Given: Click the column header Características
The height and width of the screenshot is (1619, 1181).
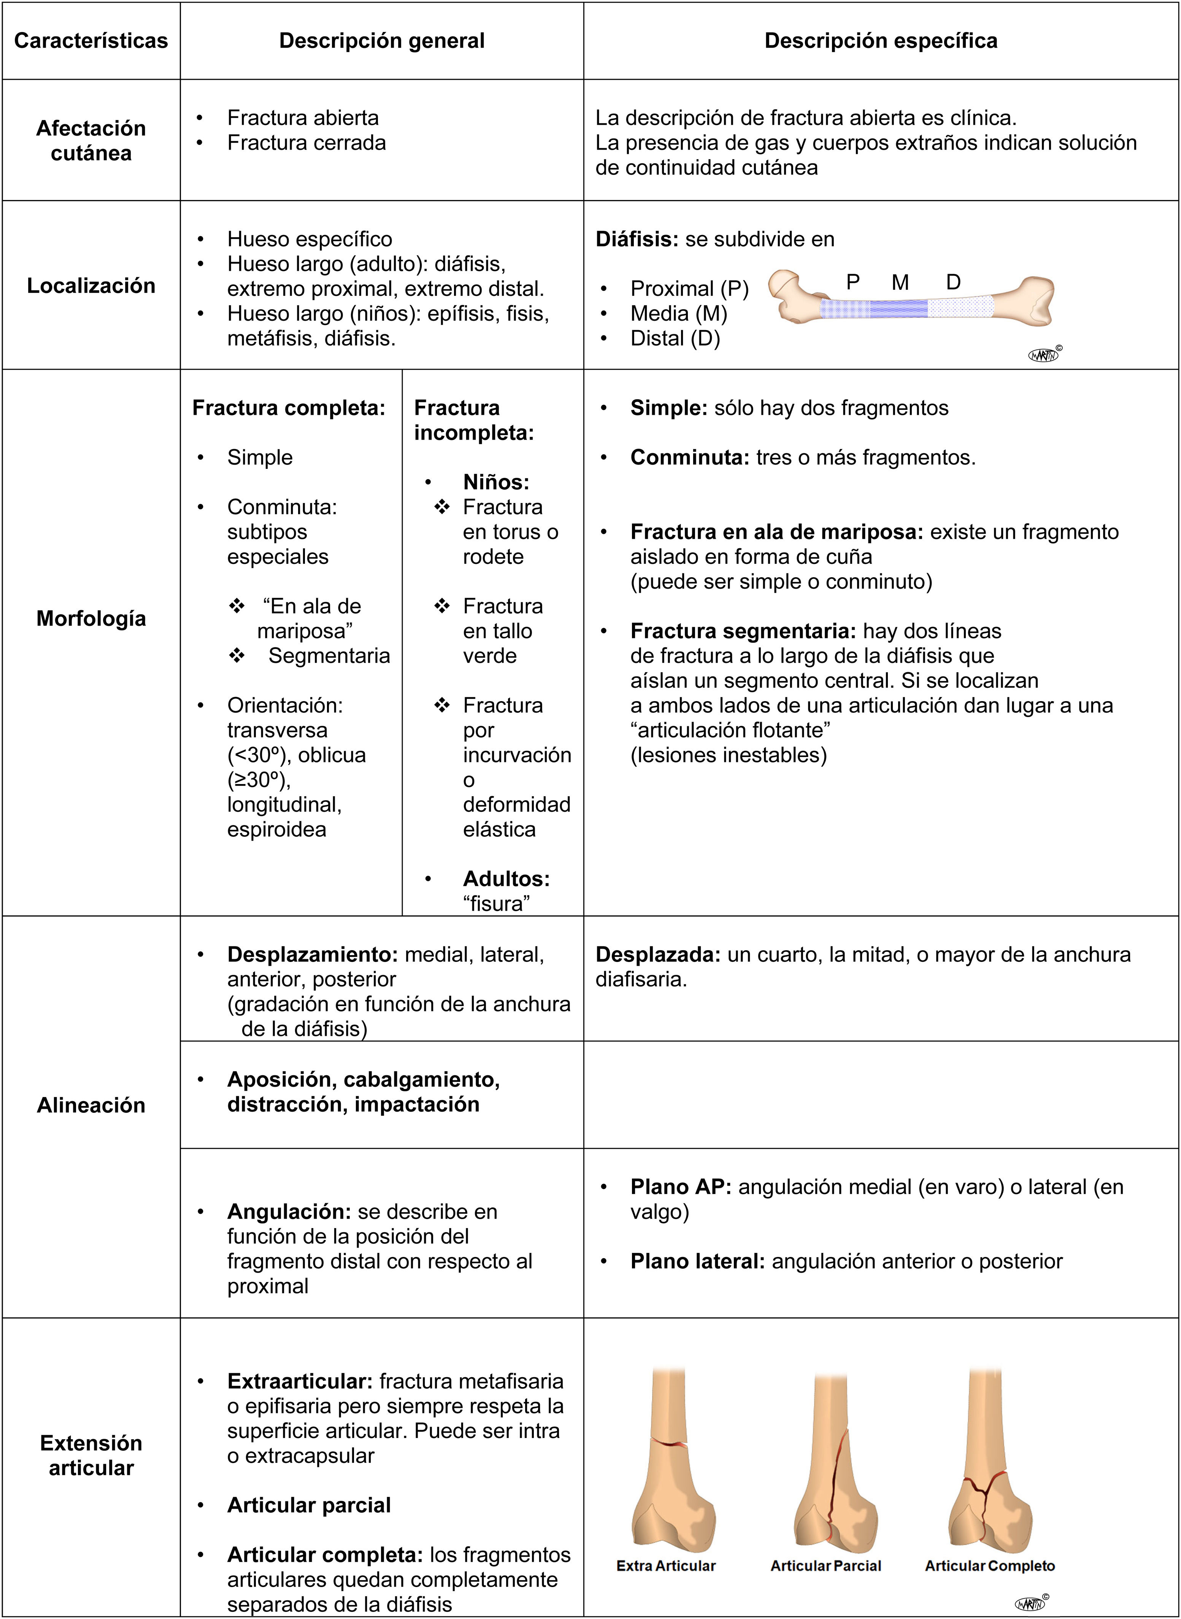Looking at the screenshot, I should tap(91, 41).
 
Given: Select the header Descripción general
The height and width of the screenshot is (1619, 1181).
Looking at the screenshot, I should tap(382, 41).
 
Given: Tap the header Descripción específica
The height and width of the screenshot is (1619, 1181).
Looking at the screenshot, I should tap(881, 41).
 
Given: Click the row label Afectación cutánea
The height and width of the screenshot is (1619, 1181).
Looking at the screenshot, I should tap(91, 140).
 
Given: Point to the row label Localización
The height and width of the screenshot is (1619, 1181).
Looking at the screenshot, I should tap(91, 285).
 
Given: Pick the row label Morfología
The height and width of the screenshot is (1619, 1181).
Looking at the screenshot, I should tap(91, 618).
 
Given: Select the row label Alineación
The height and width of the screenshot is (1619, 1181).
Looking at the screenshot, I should tap(91, 1105).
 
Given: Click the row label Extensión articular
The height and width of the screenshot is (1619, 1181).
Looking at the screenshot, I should tap(91, 1456).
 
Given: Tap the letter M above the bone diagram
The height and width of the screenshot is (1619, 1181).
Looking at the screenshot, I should tap(900, 283).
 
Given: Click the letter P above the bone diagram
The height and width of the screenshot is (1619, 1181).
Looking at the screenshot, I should tap(853, 283).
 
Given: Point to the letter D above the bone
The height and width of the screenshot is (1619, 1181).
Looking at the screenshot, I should tap(953, 283).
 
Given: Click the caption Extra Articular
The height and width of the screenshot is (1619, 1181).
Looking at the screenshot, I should tap(665, 1565).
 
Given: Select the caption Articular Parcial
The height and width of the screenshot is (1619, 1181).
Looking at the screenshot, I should tap(826, 1565).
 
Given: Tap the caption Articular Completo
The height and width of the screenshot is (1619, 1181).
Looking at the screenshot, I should tap(989, 1565).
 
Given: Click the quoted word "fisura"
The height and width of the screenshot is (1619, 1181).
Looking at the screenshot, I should tap(497, 903).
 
